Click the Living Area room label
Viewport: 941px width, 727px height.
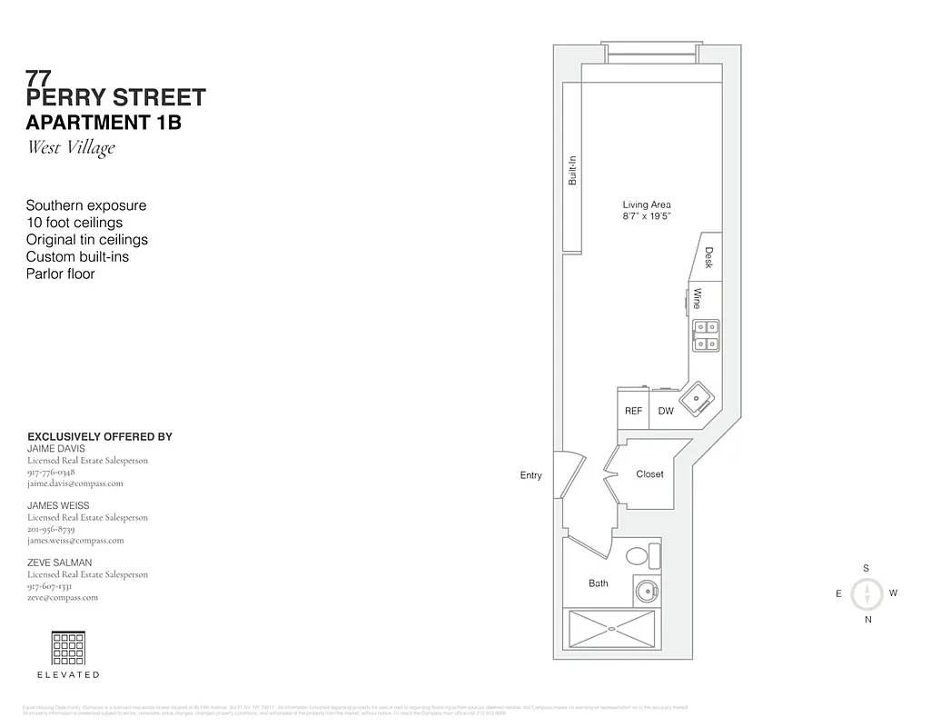[646, 204]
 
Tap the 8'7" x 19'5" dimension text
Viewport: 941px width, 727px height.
[646, 217]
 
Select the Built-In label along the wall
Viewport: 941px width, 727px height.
[572, 171]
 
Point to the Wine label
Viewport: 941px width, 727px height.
[698, 298]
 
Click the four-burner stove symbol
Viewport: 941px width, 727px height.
[706, 335]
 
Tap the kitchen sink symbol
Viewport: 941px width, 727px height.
[698, 397]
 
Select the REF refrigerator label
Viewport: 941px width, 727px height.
[633, 411]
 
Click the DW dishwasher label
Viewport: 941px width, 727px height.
[666, 411]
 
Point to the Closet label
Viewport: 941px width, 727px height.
[649, 473]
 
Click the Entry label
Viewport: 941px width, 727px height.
[530, 475]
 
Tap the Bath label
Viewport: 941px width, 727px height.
[598, 583]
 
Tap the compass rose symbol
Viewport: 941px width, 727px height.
[869, 594]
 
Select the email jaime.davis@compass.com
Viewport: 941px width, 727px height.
[74, 483]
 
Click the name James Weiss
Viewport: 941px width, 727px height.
[58, 505]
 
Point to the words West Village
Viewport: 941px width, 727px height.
[71, 147]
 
